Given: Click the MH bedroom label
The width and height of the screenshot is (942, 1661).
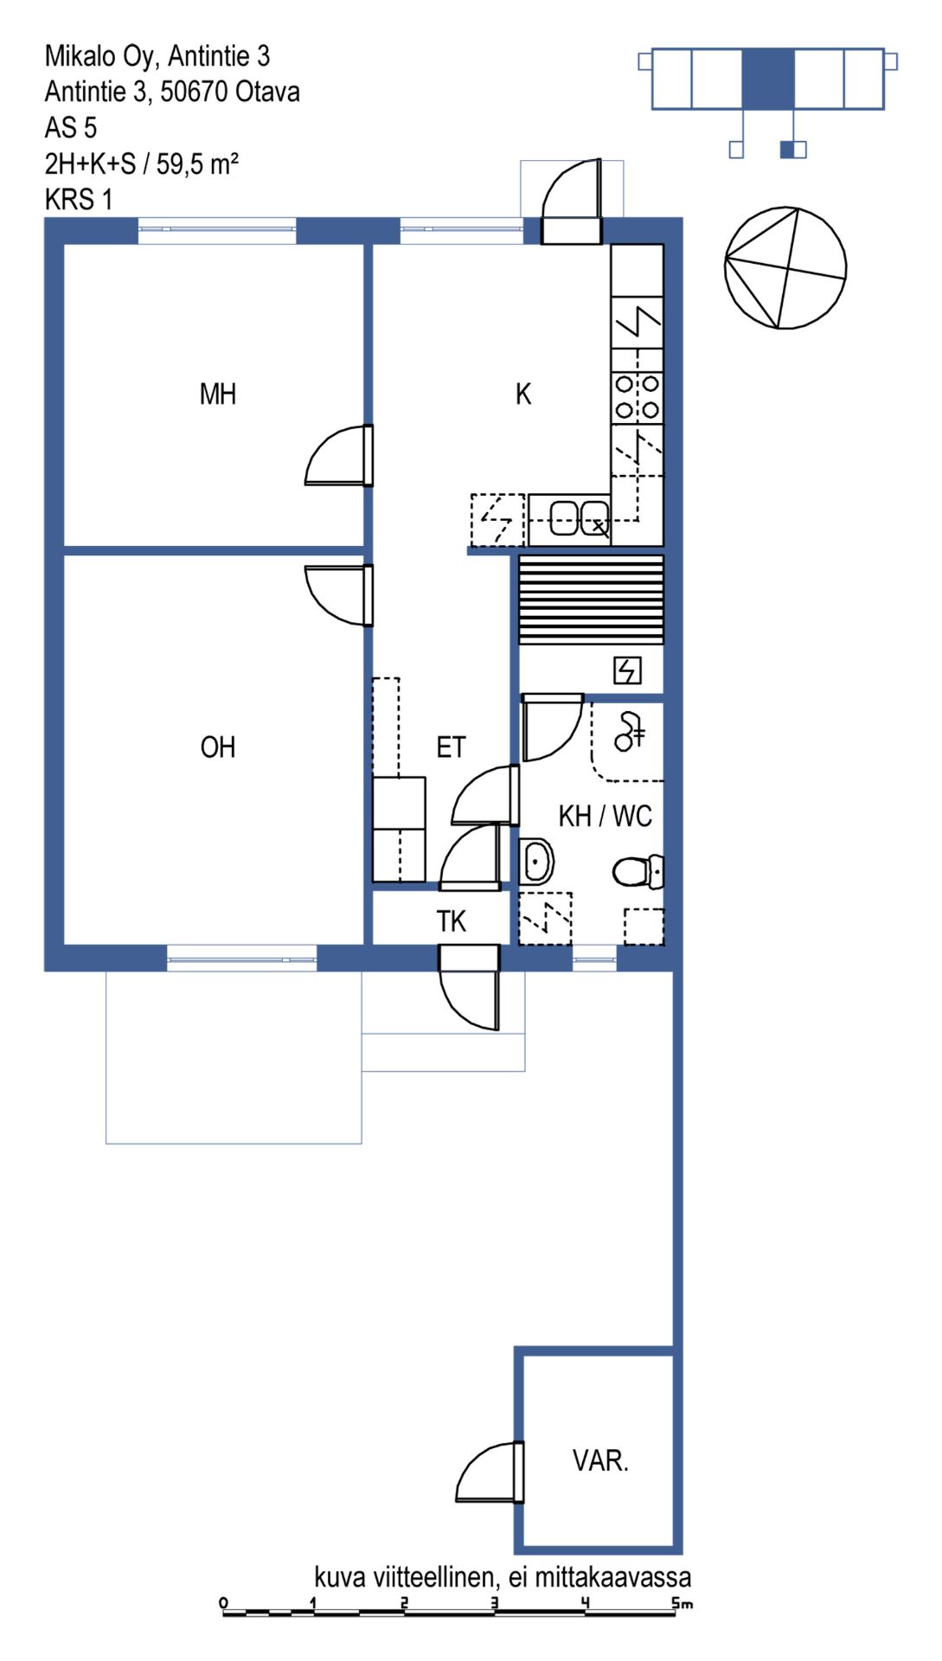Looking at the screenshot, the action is point(217,394).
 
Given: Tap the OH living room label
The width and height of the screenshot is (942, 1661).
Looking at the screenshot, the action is point(217,747).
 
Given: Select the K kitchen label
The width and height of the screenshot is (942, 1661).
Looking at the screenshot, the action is point(523,394).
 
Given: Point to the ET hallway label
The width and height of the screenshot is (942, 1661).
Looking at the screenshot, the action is point(451,747).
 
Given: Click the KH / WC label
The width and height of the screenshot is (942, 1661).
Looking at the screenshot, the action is point(605,816).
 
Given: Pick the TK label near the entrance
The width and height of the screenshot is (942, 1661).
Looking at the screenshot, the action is point(451,921).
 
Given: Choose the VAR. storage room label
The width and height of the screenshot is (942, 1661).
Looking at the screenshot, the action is point(600,1460).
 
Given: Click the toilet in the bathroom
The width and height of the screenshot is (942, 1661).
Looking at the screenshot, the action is point(638,871).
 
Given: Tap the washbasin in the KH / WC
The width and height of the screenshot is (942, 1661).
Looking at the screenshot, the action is point(536,862).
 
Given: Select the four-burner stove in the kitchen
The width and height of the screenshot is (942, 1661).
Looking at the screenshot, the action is point(638,397).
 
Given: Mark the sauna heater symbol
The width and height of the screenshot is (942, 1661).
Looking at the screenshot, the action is point(627,670).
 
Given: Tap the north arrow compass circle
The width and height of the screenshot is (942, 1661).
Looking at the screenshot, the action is point(785,268).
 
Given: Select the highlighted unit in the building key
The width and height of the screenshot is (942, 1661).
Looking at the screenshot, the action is point(768,79).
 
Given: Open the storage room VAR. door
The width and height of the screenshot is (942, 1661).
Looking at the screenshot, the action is point(490,1472).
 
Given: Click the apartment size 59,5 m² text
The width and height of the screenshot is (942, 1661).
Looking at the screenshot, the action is point(197,164).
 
